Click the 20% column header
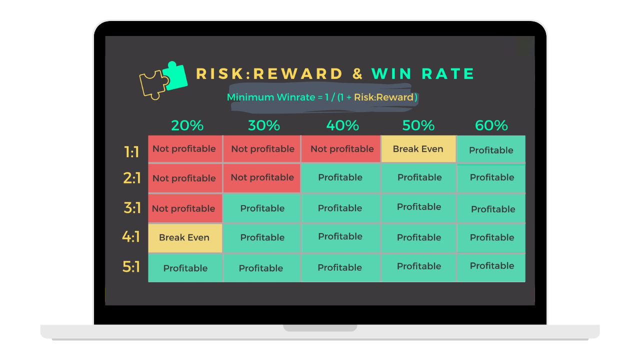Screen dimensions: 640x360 [x=187, y=125]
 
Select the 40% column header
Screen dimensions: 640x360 [x=342, y=125]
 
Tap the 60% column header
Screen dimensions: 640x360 [x=491, y=125]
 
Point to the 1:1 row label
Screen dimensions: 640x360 [x=131, y=151]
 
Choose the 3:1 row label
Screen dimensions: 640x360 [x=132, y=207]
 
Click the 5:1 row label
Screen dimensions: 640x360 [x=131, y=267]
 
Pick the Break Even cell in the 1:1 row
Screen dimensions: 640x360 [x=418, y=149]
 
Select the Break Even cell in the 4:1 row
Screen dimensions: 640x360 [x=185, y=237]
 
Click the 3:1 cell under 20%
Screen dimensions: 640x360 [x=185, y=208]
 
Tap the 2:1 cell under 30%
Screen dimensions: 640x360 [x=261, y=177]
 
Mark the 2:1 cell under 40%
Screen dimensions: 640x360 [x=340, y=177]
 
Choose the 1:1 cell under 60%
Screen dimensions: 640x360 [x=491, y=149]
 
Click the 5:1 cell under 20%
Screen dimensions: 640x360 [x=185, y=268]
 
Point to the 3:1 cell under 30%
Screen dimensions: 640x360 [x=261, y=208]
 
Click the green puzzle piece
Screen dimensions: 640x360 [x=175, y=76]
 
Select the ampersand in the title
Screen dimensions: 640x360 [x=357, y=73]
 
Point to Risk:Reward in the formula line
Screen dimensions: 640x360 [x=383, y=97]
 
